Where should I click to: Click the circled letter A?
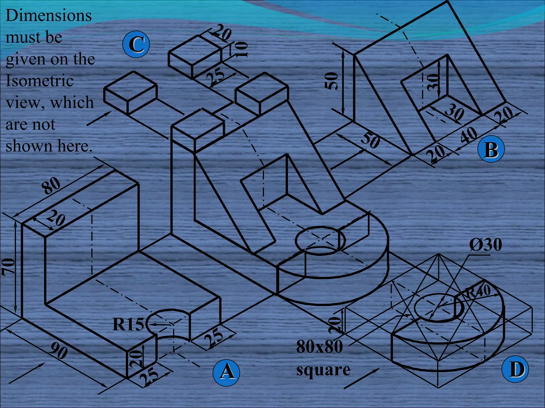226,373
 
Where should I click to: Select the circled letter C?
136,44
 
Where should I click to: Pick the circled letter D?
515,369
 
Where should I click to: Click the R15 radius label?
128,324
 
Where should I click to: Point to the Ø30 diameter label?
485,245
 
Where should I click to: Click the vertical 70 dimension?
8,267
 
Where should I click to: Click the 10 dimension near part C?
241,50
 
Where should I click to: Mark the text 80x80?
319,347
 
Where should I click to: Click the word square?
323,370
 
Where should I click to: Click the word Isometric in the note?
39,81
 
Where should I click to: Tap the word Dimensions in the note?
48,15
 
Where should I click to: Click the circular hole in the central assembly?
320,240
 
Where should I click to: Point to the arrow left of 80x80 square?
362,379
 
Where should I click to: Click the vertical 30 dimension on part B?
433,82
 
